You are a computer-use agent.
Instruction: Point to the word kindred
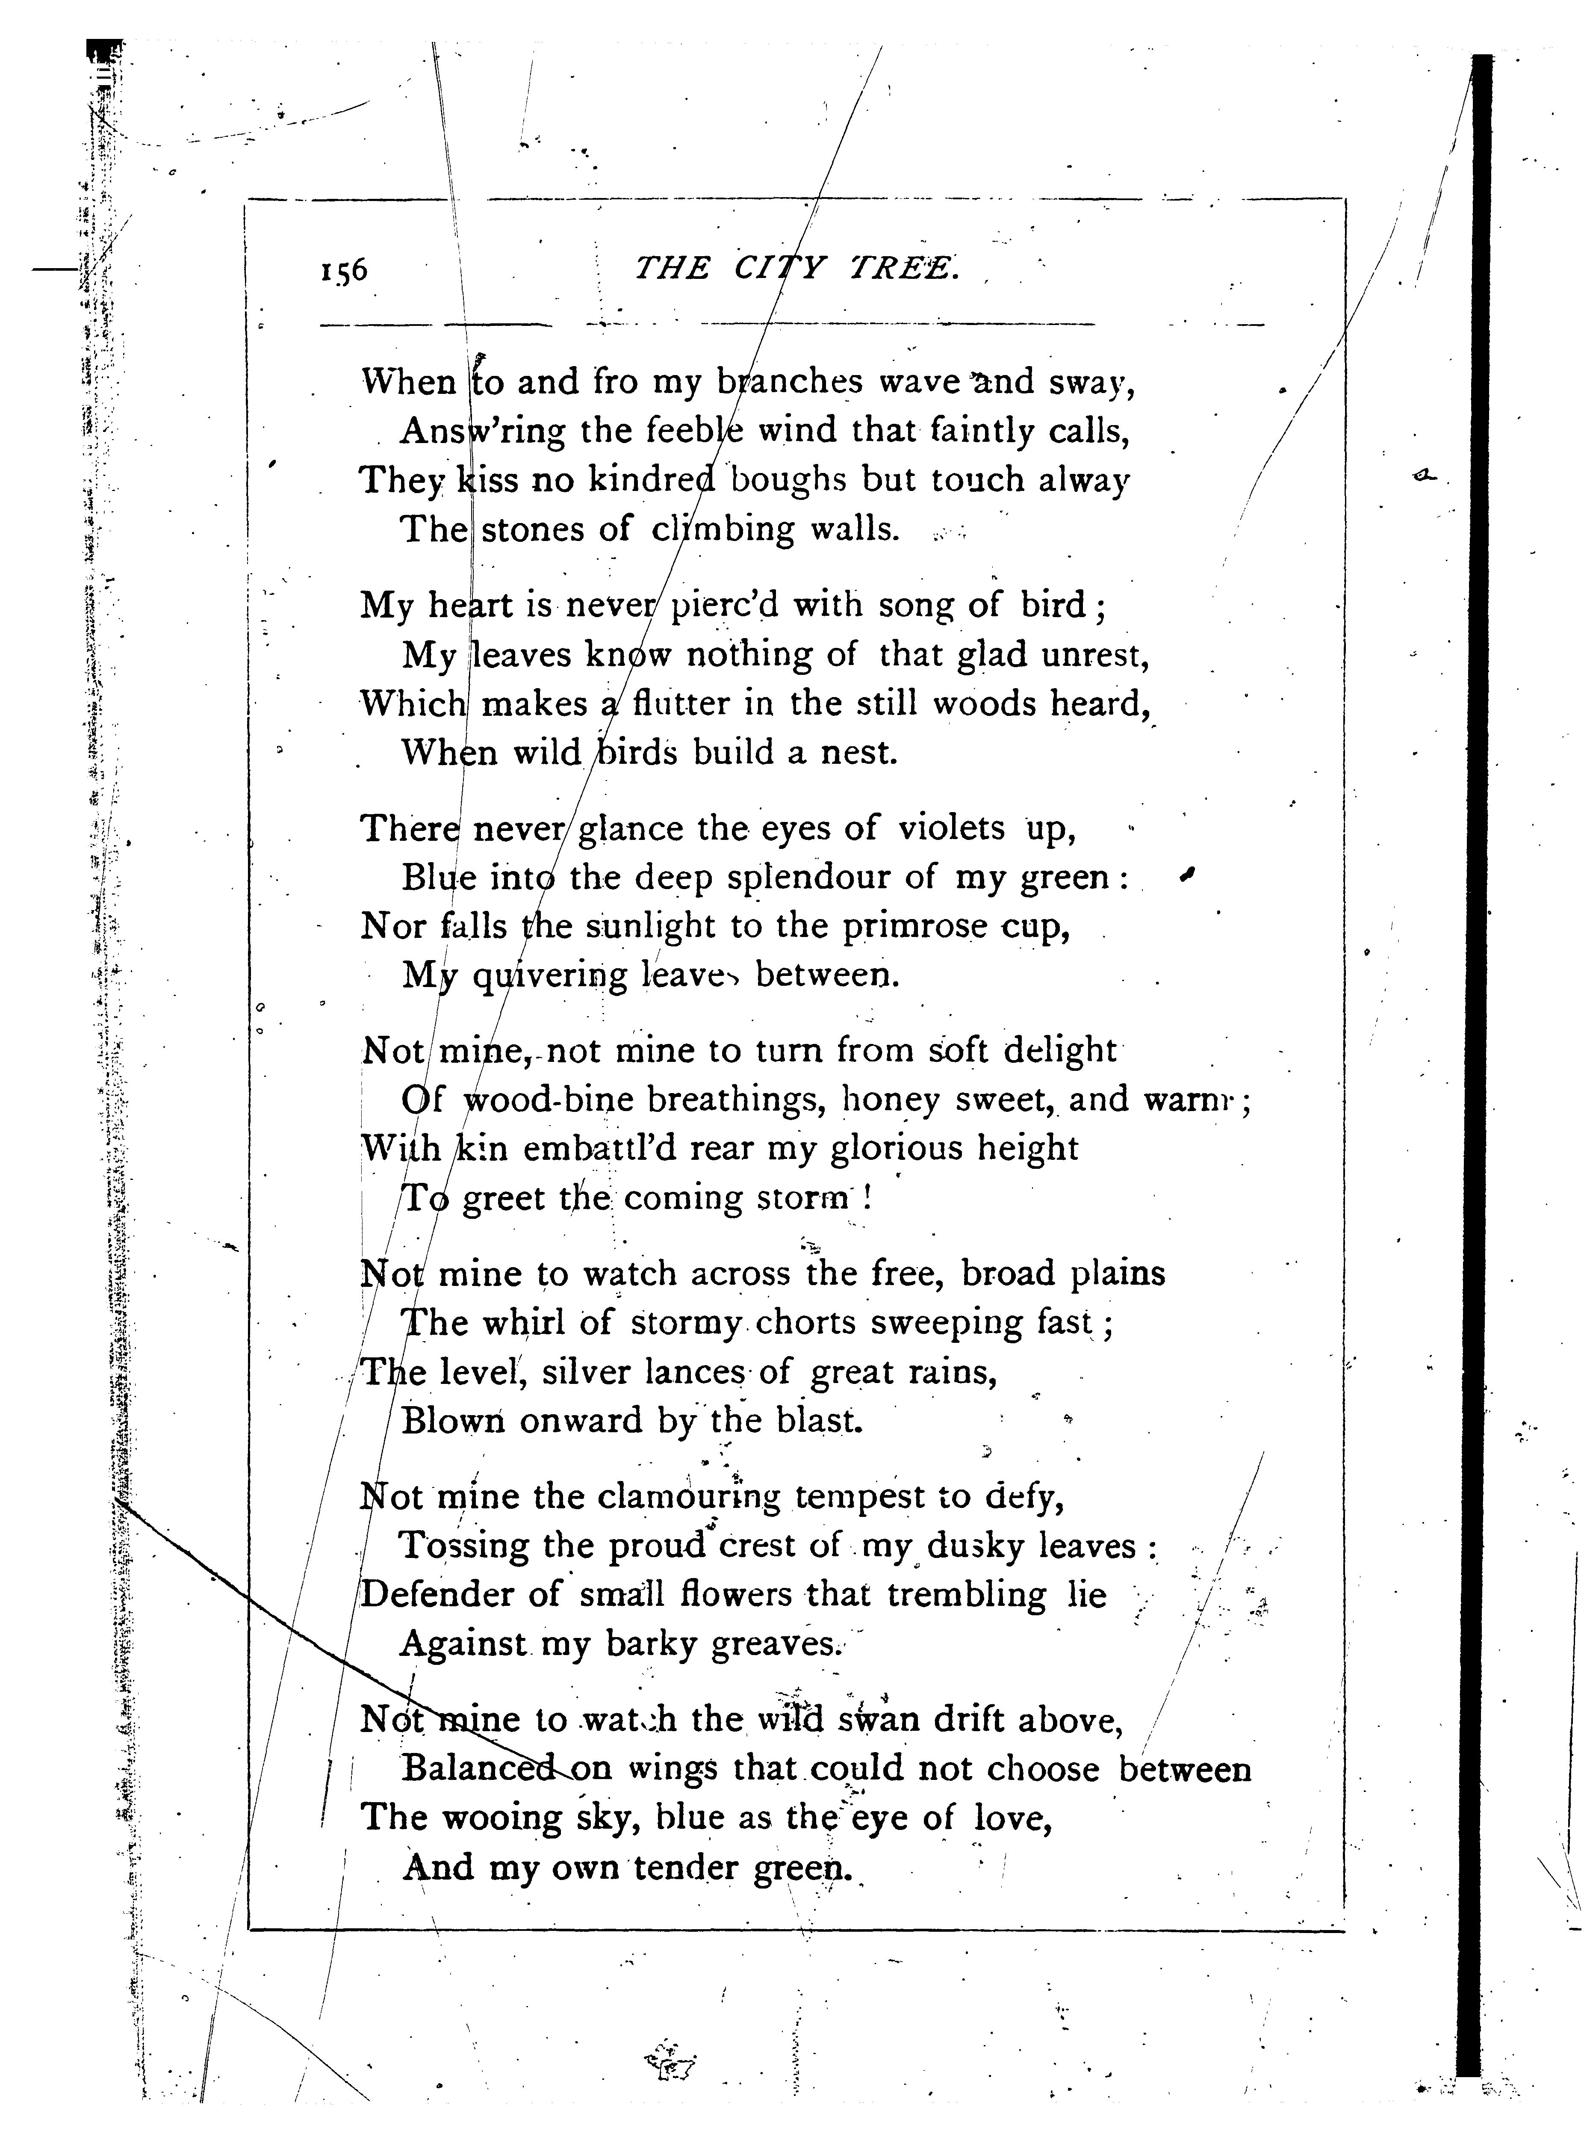(x=652, y=479)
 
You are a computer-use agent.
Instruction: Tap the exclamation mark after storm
(x=867, y=1199)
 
